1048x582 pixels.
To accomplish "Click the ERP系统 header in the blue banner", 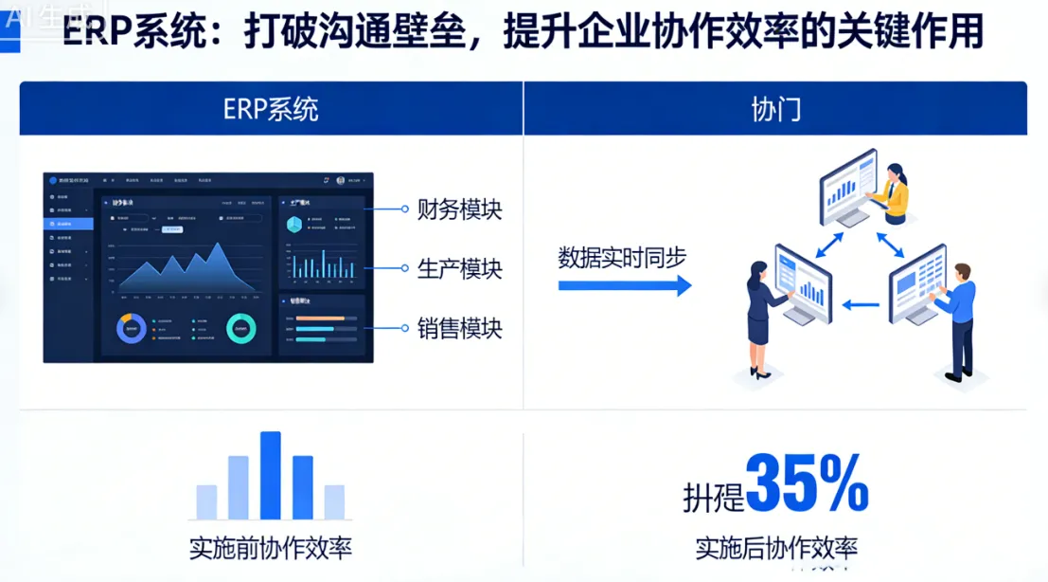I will point(271,109).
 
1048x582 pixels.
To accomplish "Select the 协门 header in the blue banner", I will point(775,109).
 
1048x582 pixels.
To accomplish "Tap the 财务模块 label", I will point(459,209).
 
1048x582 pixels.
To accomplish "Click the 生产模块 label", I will point(459,268).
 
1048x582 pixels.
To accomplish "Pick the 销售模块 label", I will point(459,329).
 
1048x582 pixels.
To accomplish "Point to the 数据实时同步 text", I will point(622,258).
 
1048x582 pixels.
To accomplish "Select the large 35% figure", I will point(807,483).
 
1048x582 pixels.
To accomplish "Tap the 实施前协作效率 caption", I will point(271,549).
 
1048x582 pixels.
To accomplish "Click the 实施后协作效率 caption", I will point(776,548).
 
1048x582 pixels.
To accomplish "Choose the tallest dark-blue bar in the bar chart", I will point(271,475).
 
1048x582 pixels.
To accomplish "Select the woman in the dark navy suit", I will point(759,318).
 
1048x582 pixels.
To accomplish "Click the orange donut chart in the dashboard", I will point(132,329).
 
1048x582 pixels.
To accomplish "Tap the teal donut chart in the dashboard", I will point(240,328).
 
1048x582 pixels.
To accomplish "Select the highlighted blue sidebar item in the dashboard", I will point(69,224).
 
